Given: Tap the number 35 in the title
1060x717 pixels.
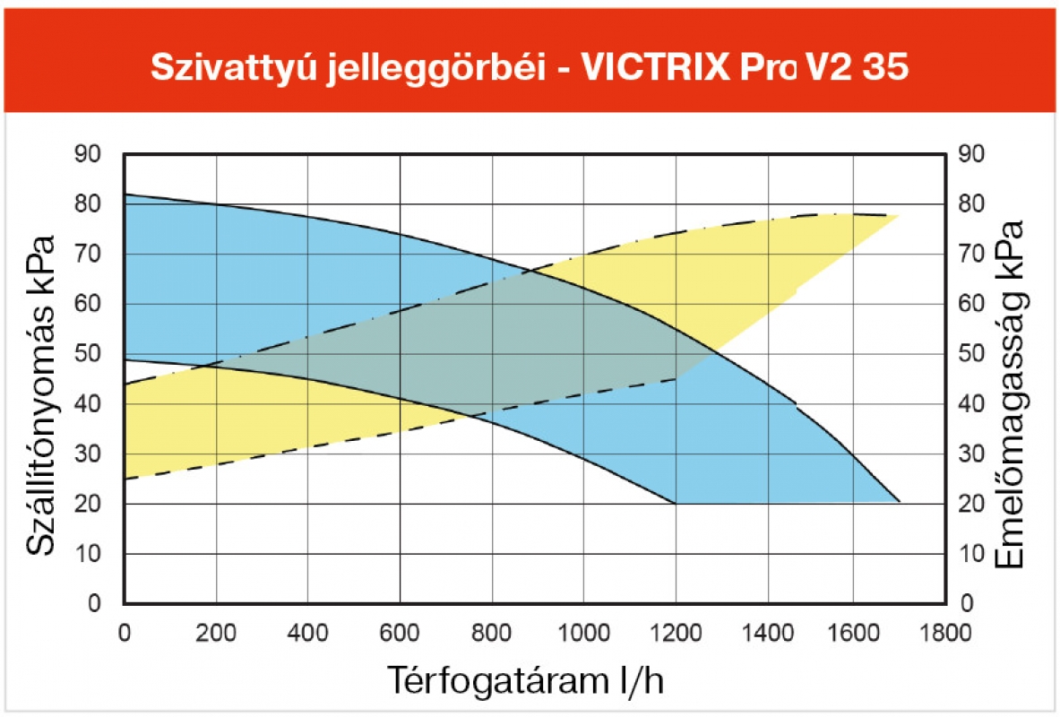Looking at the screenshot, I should [885, 68].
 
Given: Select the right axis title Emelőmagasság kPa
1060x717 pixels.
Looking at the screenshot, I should [1011, 393].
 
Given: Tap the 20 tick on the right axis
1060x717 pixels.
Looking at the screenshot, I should [971, 504].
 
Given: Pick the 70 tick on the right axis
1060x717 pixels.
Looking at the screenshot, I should [971, 254].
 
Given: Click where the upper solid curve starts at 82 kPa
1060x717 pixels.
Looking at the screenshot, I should [125, 194].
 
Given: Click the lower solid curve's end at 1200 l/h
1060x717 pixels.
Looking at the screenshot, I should [675, 503].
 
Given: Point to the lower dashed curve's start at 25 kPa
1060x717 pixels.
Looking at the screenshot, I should [125, 479].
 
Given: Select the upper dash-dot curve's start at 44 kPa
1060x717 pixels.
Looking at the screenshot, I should [125, 384].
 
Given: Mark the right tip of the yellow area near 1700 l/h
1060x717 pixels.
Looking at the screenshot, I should [899, 215].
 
